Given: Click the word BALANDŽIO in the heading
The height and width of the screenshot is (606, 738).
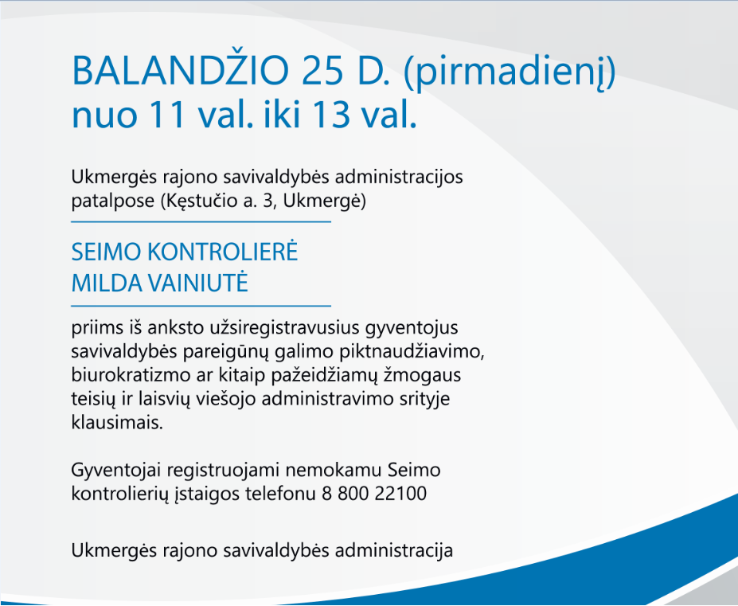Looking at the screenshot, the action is coord(180,70).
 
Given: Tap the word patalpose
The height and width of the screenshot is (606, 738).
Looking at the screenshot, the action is coord(113,201).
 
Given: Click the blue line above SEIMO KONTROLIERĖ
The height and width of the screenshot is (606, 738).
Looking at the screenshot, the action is coord(201,221).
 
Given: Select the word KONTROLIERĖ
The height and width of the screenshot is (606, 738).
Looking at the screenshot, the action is coord(222,252).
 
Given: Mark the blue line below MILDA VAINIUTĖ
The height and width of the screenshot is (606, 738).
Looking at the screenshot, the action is coord(201,306).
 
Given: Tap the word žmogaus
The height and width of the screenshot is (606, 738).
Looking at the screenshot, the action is coord(423,376).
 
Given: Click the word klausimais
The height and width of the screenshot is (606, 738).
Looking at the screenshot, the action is coord(117,422).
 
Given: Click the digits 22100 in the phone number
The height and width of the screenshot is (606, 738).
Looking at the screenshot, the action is coord(401,494).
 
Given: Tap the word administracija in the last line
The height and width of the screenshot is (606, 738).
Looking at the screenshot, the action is coord(393,550).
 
